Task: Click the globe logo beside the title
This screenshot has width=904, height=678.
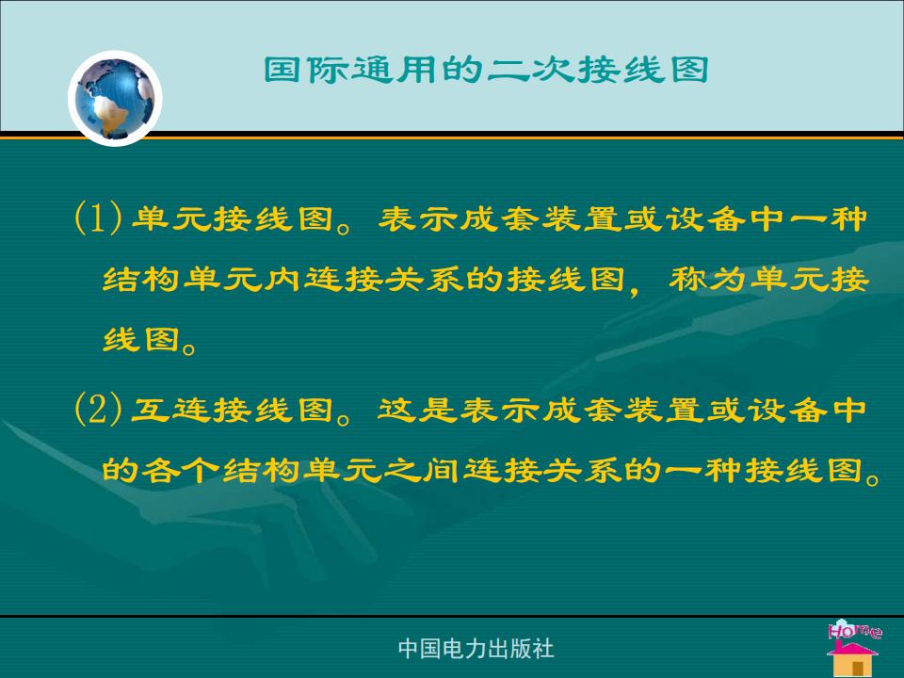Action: (x=115, y=98)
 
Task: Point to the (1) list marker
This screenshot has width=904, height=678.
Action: (x=98, y=218)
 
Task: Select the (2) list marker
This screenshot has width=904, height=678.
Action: (x=98, y=409)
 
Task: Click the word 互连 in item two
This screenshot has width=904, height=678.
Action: (x=171, y=410)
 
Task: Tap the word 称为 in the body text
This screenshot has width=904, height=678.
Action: (x=708, y=279)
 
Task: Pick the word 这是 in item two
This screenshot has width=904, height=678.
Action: (x=417, y=410)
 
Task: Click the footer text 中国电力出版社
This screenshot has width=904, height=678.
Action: (x=476, y=649)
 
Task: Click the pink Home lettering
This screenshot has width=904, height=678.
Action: (x=854, y=630)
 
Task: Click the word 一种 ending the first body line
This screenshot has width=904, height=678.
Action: (x=829, y=218)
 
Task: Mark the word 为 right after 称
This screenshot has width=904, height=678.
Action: (x=728, y=279)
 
